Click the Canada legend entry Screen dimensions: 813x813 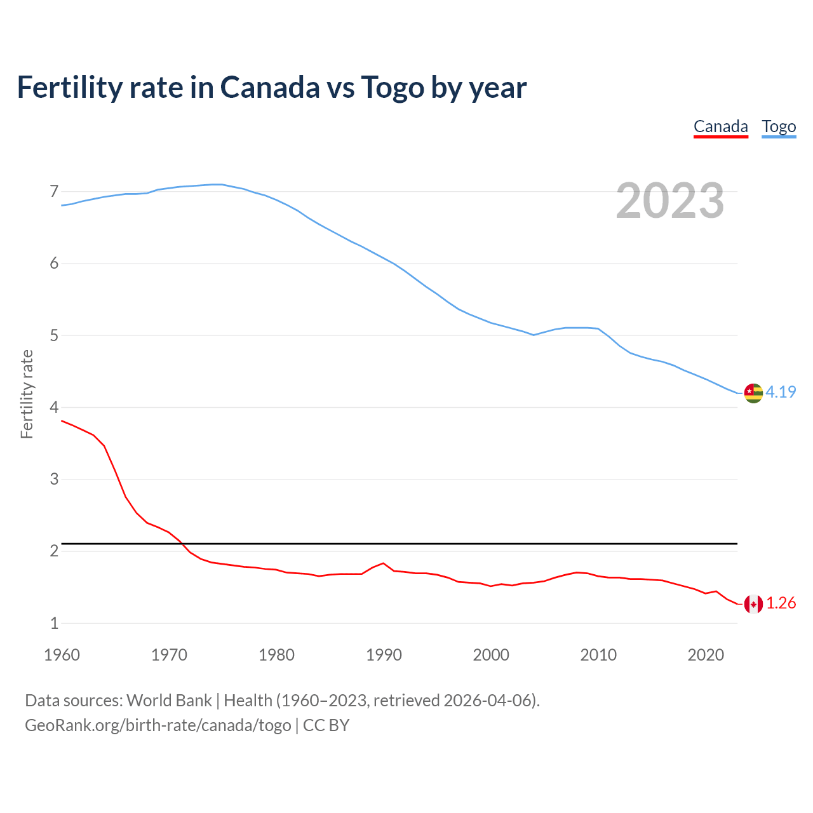[720, 126]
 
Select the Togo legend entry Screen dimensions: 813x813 [779, 126]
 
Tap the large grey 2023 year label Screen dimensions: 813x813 [669, 201]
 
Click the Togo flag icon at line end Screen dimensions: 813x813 [753, 393]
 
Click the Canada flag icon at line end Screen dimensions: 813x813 [753, 604]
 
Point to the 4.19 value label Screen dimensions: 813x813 [781, 392]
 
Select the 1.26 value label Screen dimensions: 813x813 [781, 603]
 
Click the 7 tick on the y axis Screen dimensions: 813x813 [54, 191]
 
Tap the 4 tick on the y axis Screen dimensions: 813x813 [54, 407]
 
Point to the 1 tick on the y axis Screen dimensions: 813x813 [54, 623]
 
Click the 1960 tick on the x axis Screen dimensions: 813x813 [62, 655]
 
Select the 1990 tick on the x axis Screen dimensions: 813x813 [384, 655]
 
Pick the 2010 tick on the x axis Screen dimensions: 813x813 [598, 655]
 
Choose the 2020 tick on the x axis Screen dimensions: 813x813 [706, 655]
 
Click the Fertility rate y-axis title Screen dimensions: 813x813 [27, 394]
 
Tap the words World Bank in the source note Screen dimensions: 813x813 [169, 701]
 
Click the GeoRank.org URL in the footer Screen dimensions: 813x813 [158, 725]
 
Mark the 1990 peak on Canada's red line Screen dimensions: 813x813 [383, 563]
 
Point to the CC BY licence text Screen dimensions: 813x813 [326, 725]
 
